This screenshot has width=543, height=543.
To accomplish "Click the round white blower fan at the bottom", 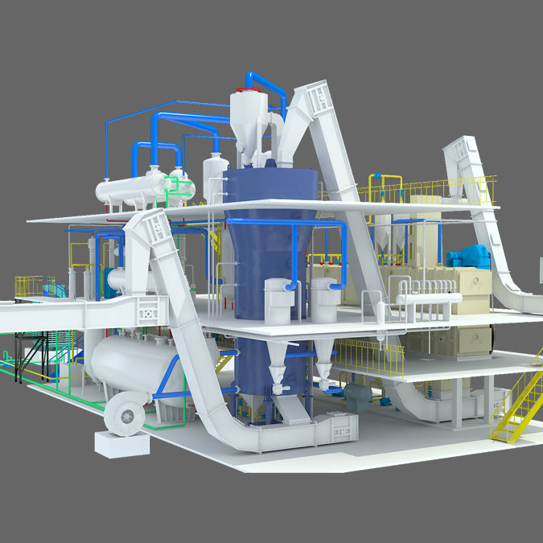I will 126,413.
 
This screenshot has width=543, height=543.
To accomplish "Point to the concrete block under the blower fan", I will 121,441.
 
